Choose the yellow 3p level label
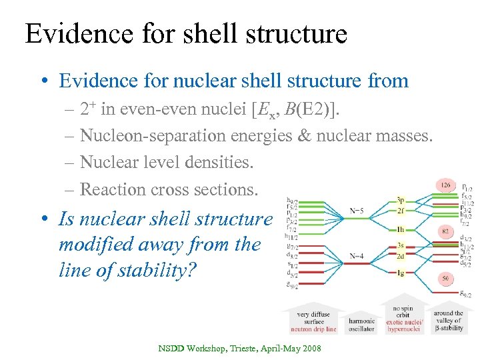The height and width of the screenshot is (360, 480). coord(400,199)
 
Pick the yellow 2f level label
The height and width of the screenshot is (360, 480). coord(400,210)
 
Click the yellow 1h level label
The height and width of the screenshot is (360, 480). coord(400,229)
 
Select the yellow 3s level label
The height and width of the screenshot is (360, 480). coord(400,245)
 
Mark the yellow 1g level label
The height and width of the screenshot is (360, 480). coord(400,273)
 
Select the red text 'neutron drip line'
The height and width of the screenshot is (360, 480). coord(313,329)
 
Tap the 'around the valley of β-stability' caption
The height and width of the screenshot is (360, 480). coord(448,321)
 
